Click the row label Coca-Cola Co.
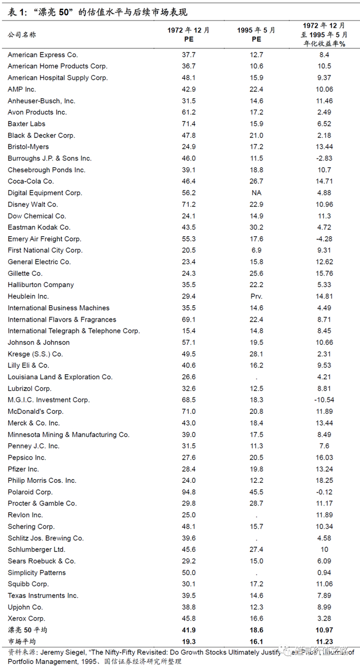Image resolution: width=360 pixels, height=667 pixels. (x=31, y=181)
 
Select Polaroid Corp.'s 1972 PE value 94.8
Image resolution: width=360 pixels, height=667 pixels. (x=189, y=492)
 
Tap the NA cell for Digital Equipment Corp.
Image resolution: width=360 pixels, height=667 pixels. (x=256, y=193)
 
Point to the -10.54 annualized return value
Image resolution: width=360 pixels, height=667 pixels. (x=325, y=400)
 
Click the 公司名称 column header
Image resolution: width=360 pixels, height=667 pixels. (x=22, y=34)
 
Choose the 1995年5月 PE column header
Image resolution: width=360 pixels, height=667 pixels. (x=256, y=34)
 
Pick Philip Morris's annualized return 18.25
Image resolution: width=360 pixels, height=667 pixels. (x=325, y=480)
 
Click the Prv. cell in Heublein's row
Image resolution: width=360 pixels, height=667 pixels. (x=256, y=296)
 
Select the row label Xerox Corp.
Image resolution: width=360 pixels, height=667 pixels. (x=27, y=618)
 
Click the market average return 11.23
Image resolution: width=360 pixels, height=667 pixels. (x=325, y=641)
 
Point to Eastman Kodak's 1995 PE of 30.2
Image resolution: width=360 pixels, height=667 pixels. (x=256, y=227)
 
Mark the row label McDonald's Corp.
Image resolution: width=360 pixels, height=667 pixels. (x=35, y=411)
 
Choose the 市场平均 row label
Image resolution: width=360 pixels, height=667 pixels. (x=22, y=641)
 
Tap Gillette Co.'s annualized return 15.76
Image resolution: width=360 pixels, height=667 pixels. (x=325, y=273)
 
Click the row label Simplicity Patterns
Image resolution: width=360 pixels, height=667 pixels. (x=37, y=572)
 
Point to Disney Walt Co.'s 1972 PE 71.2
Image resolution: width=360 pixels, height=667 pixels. (x=189, y=204)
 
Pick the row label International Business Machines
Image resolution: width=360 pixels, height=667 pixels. (x=59, y=308)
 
